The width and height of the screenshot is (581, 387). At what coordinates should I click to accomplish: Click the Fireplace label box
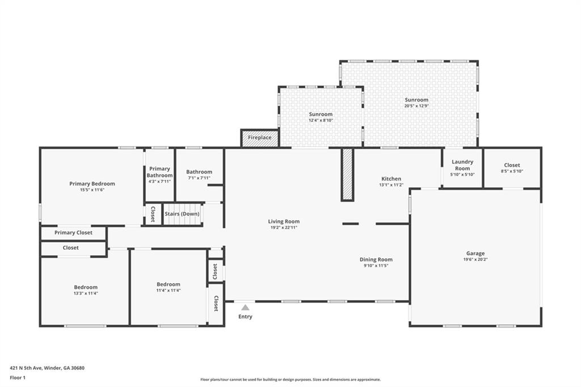click(x=260, y=138)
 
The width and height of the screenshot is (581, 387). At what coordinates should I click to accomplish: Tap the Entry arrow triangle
click(x=245, y=308)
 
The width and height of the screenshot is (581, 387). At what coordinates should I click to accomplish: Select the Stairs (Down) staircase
click(x=182, y=214)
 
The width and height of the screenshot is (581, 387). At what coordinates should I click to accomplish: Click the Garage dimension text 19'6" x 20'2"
click(x=475, y=260)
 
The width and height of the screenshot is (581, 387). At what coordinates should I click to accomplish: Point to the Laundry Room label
click(x=462, y=165)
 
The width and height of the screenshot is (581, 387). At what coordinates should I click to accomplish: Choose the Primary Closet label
click(x=73, y=233)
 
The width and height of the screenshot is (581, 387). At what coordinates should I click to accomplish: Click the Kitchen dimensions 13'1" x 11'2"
click(x=391, y=185)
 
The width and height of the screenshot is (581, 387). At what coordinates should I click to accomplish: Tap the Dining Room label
click(x=376, y=259)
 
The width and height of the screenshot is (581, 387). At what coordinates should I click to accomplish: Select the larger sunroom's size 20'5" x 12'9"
click(x=416, y=106)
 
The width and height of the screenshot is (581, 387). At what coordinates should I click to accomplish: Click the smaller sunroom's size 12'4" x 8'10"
click(x=321, y=120)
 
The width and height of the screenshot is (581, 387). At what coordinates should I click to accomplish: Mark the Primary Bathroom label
click(x=159, y=172)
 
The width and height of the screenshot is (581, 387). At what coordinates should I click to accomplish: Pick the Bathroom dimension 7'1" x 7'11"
click(x=199, y=178)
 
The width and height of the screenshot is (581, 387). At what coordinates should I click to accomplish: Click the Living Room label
click(x=284, y=221)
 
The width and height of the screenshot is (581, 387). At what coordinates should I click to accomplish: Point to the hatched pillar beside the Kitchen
click(x=347, y=175)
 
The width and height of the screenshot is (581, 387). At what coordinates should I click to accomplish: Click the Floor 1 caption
click(x=18, y=377)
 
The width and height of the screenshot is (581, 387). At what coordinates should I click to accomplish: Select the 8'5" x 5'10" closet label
click(x=512, y=171)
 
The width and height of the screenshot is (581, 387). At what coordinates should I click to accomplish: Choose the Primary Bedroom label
click(x=92, y=183)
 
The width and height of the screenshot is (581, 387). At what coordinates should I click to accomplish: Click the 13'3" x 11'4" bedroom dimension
click(x=86, y=293)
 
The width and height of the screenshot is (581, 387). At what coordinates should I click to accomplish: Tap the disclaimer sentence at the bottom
click(x=290, y=380)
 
